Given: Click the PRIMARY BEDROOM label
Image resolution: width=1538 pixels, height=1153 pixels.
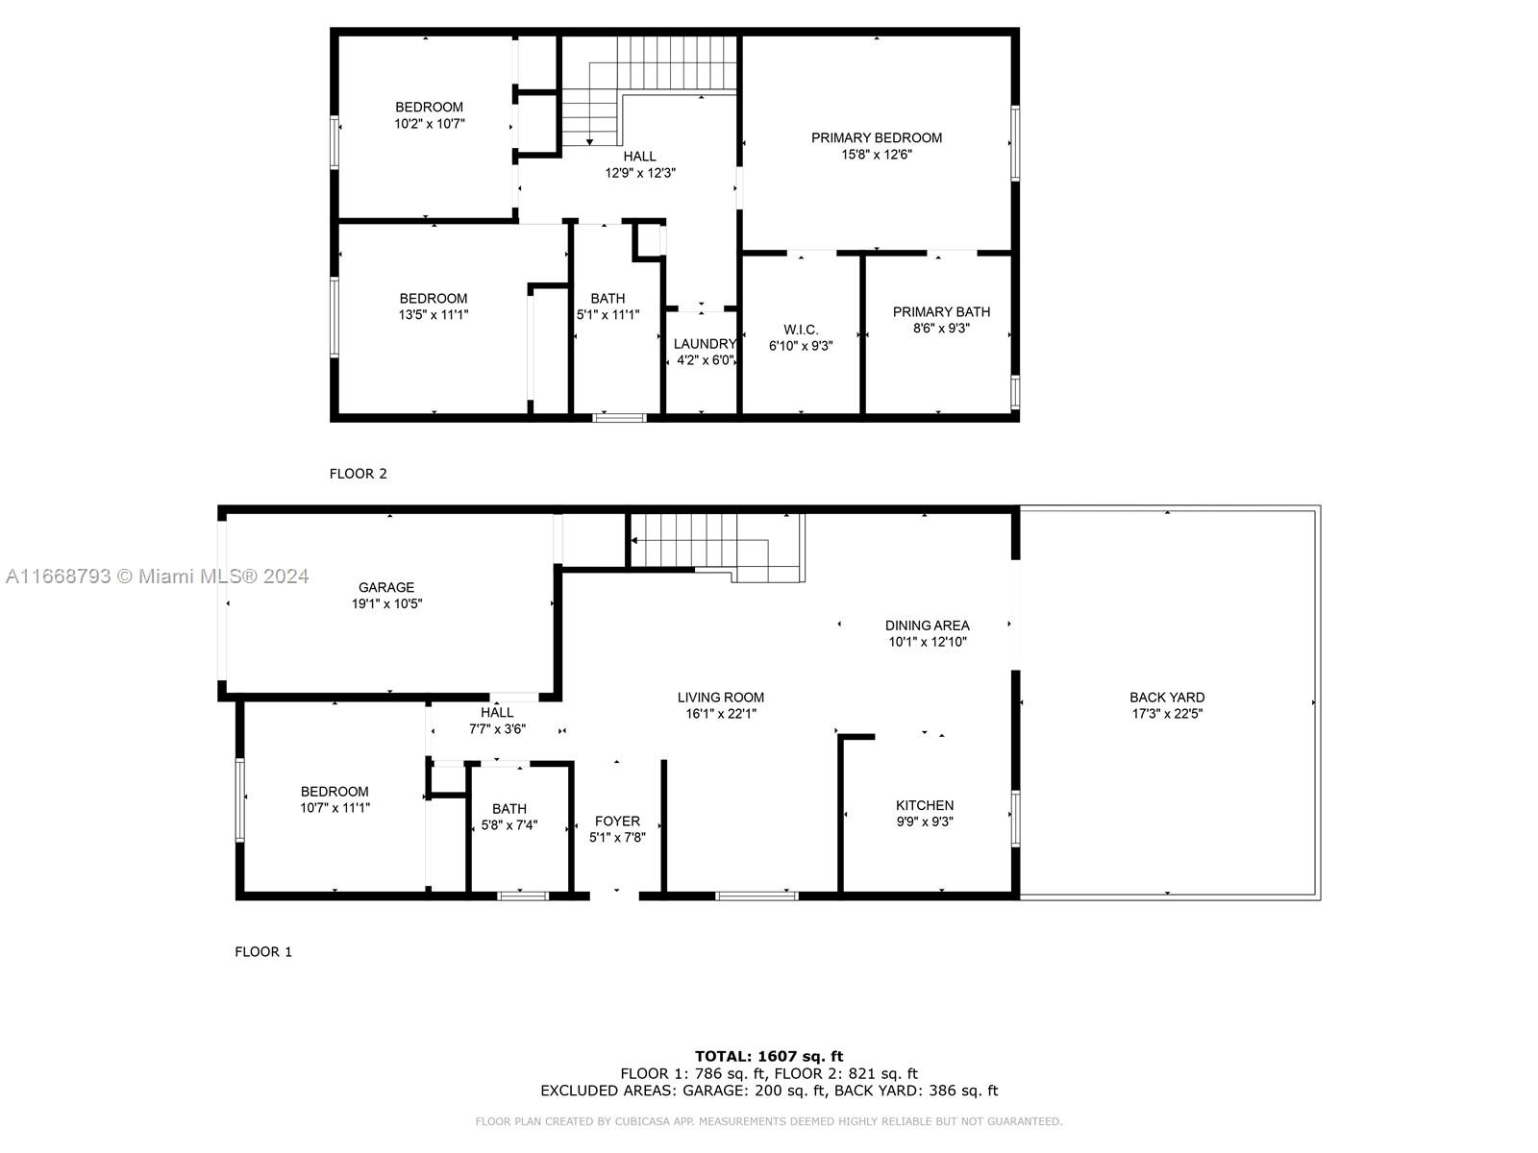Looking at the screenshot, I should (876, 137).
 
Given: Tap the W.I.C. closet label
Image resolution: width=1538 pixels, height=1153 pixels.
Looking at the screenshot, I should (800, 330).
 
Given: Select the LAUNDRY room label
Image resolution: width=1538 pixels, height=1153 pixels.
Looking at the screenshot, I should (705, 344).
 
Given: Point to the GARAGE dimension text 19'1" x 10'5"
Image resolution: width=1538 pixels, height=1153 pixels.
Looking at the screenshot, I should (386, 603).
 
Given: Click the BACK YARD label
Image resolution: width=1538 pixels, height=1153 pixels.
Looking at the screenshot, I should (1167, 698).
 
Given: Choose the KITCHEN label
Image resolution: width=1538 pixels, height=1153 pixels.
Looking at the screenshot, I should (925, 805).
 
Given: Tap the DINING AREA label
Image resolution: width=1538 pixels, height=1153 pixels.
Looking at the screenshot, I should (927, 626).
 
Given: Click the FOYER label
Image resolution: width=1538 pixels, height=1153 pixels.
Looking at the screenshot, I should (617, 821).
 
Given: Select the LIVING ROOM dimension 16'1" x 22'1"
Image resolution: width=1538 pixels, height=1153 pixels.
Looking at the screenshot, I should (721, 714).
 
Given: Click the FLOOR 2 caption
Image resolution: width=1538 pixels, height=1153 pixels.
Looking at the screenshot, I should (358, 473).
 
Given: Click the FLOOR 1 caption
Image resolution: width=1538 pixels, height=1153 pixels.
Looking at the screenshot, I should (263, 951).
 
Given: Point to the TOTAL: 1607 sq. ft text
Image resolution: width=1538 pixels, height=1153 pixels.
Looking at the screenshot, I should (769, 1056).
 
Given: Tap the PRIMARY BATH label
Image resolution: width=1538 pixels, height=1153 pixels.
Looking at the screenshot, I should (941, 311).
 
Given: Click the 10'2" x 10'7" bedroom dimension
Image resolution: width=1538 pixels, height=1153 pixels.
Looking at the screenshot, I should (429, 123).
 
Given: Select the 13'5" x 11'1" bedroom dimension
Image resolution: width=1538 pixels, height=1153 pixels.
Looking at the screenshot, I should (434, 314).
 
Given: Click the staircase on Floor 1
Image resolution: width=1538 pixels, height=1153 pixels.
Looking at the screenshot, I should (711, 543).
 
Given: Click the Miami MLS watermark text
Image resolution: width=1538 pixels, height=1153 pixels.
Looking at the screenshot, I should (158, 576).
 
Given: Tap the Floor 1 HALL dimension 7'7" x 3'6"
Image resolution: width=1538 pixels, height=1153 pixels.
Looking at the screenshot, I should (497, 728).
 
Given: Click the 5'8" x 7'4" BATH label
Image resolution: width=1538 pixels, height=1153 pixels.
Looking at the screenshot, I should (509, 808).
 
